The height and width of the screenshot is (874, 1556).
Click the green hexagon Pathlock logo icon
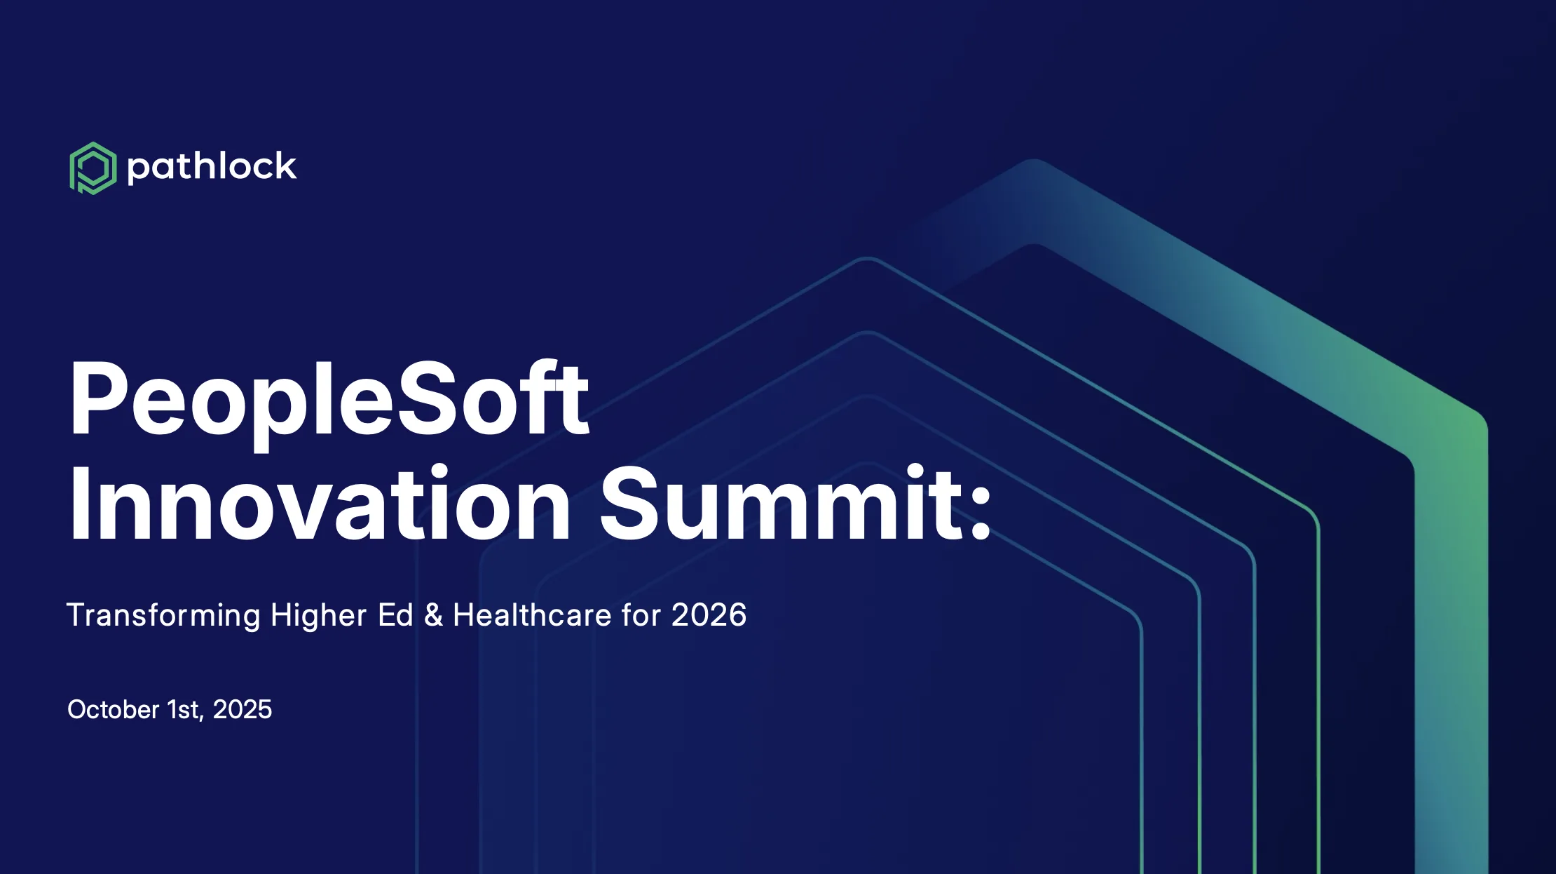tap(93, 168)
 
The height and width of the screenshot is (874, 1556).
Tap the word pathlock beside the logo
tap(212, 168)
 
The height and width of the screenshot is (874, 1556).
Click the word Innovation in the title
tap(320, 504)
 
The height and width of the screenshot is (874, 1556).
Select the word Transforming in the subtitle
tap(163, 616)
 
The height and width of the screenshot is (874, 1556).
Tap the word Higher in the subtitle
tap(318, 616)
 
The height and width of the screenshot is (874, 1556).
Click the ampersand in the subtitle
tap(434, 615)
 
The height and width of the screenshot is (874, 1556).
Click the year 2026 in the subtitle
tap(709, 614)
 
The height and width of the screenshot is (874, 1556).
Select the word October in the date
tap(114, 709)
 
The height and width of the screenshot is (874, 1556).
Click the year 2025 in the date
tap(242, 709)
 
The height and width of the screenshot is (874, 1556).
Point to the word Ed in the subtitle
tap(395, 614)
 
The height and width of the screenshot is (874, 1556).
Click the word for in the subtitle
tap(641, 614)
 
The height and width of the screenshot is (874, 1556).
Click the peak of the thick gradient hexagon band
tap(1033, 201)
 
